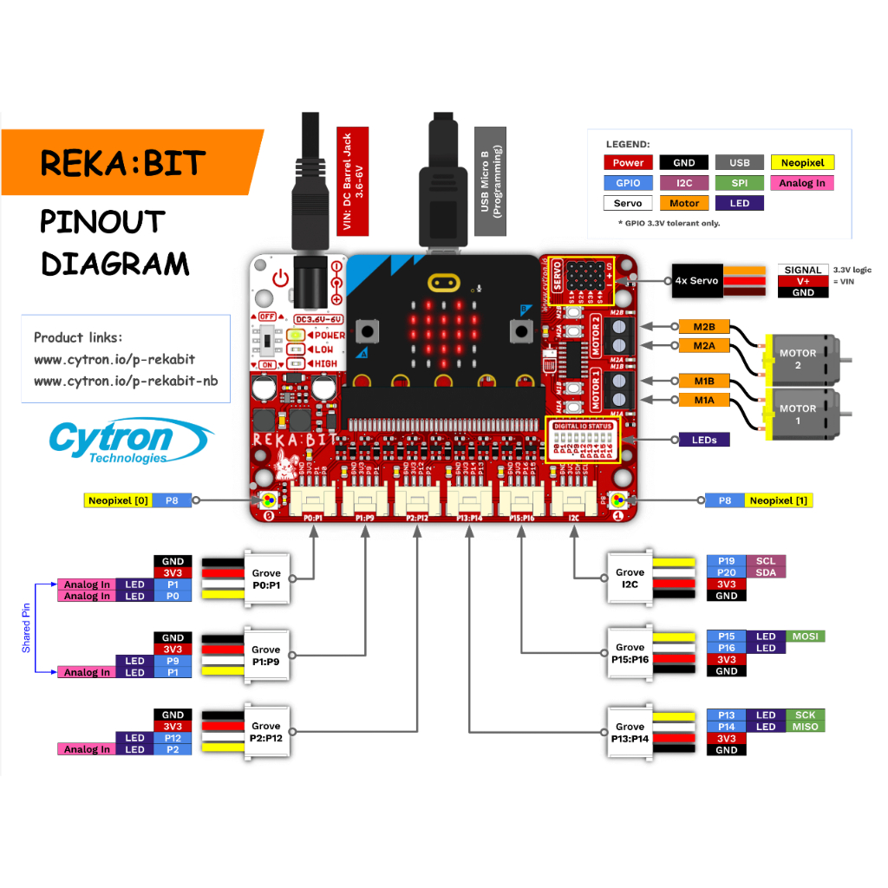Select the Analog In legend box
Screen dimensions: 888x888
coord(801,183)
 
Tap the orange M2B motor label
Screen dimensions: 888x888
coord(703,327)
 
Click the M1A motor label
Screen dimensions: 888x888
coord(703,400)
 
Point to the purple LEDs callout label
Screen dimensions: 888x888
coord(704,440)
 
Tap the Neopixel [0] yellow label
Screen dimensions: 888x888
coord(119,500)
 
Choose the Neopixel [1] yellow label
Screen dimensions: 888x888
coord(778,500)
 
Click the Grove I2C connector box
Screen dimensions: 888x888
coord(630,578)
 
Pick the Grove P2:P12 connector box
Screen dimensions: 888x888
coord(265,731)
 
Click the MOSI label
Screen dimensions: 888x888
coord(806,636)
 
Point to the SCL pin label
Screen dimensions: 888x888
coord(765,561)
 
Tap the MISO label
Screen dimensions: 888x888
coord(805,727)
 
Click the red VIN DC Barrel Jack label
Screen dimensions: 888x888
coord(352,181)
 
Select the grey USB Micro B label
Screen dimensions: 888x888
coord(490,181)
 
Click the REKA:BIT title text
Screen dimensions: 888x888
coord(122,163)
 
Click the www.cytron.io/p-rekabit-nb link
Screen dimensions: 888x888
coord(126,381)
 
